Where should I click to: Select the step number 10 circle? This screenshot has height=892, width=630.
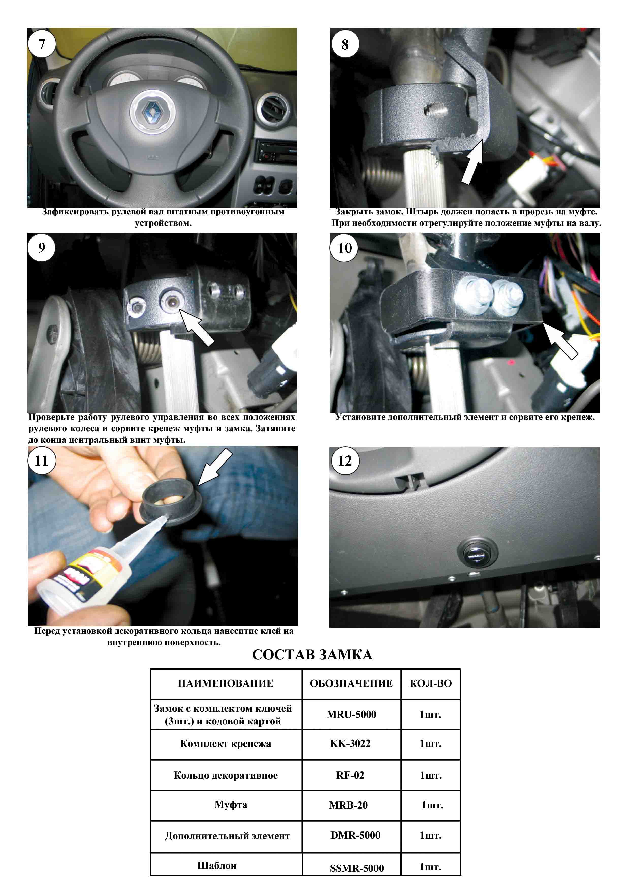pyautogui.click(x=345, y=248)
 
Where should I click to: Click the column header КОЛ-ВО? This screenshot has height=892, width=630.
pyautogui.click(x=431, y=683)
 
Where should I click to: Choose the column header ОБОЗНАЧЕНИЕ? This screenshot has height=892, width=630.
pyautogui.click(x=351, y=683)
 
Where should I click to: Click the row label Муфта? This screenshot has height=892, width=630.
pyautogui.click(x=231, y=805)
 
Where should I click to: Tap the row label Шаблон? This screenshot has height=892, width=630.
pyautogui.click(x=217, y=865)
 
